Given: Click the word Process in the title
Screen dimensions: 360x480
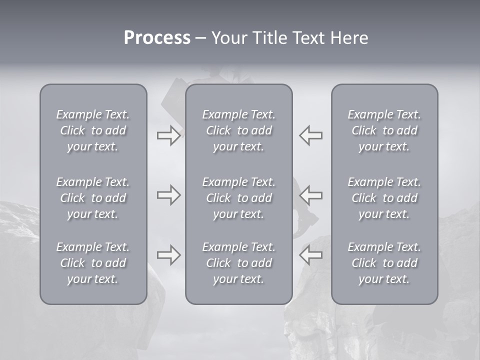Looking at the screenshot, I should point(157,38).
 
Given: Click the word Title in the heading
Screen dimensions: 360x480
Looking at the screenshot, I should point(270,38).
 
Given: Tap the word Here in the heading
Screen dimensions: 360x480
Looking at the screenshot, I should point(349,38).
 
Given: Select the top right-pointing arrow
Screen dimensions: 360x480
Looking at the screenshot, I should point(168,135).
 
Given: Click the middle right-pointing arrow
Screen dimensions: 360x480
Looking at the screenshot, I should point(168,195).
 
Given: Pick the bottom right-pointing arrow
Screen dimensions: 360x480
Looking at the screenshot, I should point(168,255).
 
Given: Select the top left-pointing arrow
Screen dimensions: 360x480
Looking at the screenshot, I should point(310,135).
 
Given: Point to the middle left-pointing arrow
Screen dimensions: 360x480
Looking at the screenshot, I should point(310,195).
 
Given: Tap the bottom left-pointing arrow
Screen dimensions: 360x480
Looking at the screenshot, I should point(310,255).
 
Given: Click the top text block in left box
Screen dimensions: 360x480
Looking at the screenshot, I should point(93,130).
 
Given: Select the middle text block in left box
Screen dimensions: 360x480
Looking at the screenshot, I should point(93,198).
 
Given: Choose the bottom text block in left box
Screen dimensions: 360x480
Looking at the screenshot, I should point(93,263).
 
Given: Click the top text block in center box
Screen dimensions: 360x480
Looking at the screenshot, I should point(238,130).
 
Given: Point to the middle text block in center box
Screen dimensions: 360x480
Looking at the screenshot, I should point(238,198).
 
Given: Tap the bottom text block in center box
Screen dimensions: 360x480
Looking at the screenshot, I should point(238,263).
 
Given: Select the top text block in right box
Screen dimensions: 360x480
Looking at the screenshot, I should point(384,130).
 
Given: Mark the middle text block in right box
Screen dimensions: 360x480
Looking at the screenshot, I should point(384,198).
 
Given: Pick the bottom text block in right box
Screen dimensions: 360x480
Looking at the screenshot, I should point(384,263).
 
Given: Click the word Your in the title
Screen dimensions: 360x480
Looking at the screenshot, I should point(230,38).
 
